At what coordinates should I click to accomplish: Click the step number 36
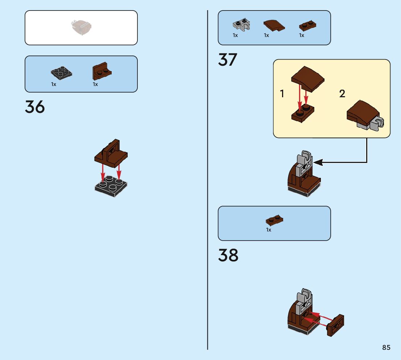(35, 107)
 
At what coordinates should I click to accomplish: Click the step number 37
(228, 60)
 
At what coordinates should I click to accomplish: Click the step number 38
(228, 255)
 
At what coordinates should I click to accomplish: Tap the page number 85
(386, 347)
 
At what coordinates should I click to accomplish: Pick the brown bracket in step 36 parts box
(102, 71)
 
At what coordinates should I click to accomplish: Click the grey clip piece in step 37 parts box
(241, 25)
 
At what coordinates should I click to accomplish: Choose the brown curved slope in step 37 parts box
(274, 25)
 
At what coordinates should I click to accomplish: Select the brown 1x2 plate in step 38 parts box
(274, 220)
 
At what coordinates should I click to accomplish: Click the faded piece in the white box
(81, 27)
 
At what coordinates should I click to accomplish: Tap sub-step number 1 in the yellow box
(282, 94)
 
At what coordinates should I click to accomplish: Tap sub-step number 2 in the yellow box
(342, 94)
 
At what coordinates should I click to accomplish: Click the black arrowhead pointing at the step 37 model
(318, 162)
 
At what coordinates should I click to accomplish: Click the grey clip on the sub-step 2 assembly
(377, 124)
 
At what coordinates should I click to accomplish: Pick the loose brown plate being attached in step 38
(336, 325)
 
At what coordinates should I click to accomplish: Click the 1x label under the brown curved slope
(266, 35)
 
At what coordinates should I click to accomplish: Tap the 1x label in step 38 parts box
(269, 230)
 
